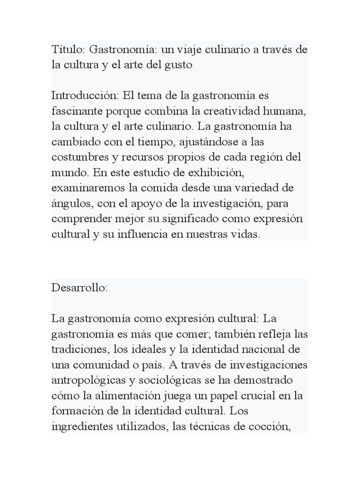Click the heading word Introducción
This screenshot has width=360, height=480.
pos(84,96)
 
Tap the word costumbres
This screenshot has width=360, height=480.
pos(82,157)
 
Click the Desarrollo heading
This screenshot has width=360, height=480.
pos(79,288)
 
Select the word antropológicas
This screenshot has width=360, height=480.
pos(87,380)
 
